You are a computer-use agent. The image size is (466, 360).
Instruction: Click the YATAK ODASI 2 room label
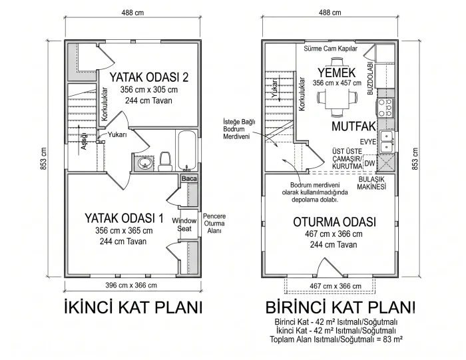pyautogui.click(x=149, y=77)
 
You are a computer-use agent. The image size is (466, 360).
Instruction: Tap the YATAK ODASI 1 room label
pyautogui.click(x=124, y=218)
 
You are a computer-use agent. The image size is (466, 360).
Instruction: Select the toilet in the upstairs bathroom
pyautogui.click(x=165, y=161)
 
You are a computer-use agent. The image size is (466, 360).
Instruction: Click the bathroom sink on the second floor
pyautogui.click(x=145, y=163)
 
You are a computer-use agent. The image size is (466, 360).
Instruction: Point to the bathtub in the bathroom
pyautogui.click(x=186, y=152)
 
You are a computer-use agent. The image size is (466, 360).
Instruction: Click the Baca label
pyautogui.click(x=189, y=178)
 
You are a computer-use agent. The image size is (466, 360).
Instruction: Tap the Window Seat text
pyautogui.click(x=184, y=224)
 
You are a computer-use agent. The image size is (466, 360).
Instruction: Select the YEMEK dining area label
pyautogui.click(x=337, y=73)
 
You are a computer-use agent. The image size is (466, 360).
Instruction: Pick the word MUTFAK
pyautogui.click(x=353, y=126)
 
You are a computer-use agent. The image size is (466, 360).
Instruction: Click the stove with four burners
pyautogui.click(x=385, y=107)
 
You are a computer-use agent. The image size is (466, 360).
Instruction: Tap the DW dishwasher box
pyautogui.click(x=369, y=163)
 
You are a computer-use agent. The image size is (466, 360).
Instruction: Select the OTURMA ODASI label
pyautogui.click(x=334, y=222)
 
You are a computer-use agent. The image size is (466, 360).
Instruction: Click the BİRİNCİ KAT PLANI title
pyautogui.click(x=340, y=307)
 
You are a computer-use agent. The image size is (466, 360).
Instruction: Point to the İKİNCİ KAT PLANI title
pyautogui.click(x=133, y=307)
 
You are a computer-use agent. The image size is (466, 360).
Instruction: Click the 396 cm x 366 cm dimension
pyautogui.click(x=131, y=285)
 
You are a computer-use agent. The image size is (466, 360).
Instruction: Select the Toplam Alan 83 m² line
pyautogui.click(x=336, y=339)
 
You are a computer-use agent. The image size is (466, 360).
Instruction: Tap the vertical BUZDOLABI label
pyautogui.click(x=370, y=79)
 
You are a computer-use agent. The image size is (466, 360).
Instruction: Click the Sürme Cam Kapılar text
pyautogui.click(x=330, y=49)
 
